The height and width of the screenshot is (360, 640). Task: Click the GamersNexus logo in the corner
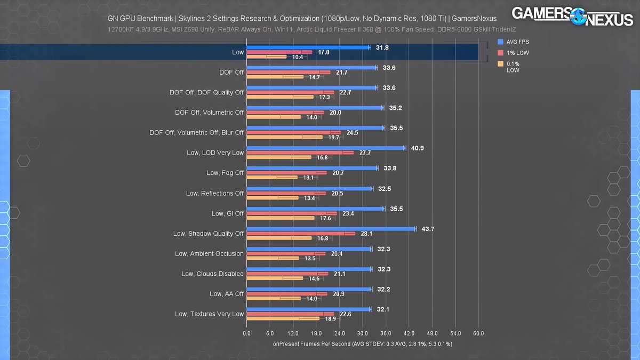pyautogui.click(x=572, y=16)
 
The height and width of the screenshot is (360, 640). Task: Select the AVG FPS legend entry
pyautogui.click(x=518, y=42)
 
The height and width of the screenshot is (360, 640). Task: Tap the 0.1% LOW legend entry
pyautogui.click(x=512, y=67)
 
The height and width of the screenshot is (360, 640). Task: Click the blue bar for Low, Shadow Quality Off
pyautogui.click(x=331, y=229)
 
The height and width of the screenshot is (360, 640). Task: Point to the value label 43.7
pyautogui.click(x=428, y=229)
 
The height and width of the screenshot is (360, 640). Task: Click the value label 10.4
pyautogui.click(x=298, y=57)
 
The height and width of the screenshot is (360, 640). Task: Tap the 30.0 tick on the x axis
pyautogui.click(x=363, y=333)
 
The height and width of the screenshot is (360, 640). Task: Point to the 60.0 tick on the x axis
pyautogui.click(x=478, y=333)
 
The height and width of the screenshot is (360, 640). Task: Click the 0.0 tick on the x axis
pyautogui.click(x=246, y=333)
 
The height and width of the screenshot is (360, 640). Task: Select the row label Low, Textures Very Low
pyautogui.click(x=209, y=314)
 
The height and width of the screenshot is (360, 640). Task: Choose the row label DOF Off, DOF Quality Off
pyautogui.click(x=206, y=92)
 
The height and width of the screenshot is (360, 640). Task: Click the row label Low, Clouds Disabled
pyautogui.click(x=212, y=274)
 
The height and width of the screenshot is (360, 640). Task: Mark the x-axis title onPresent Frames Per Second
pyautogui.click(x=362, y=344)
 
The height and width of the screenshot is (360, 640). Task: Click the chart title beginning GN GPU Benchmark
pyautogui.click(x=302, y=19)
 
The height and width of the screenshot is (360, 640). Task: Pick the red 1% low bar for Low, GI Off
pyautogui.click(x=291, y=213)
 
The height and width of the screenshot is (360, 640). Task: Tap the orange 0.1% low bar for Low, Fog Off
pyautogui.click(x=271, y=178)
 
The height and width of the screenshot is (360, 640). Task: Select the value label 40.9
pyautogui.click(x=417, y=148)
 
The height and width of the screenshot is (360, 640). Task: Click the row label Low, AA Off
pyautogui.click(x=227, y=294)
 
